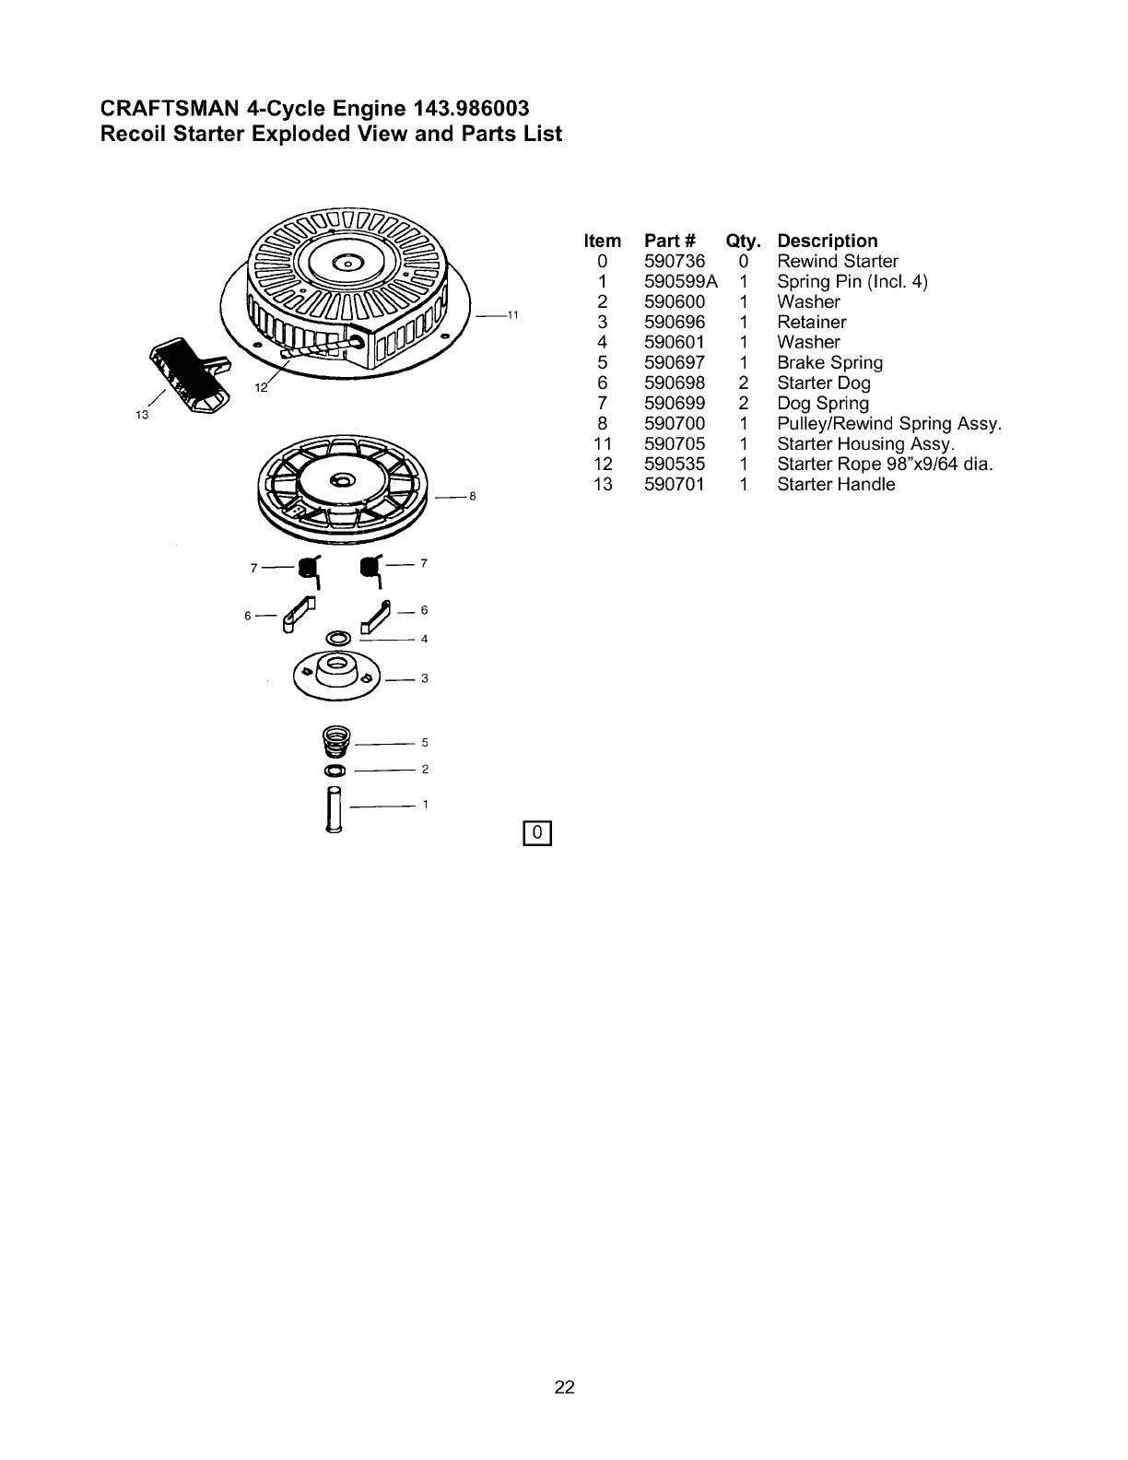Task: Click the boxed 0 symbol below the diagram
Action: pos(536,832)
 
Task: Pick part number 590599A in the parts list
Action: pos(681,282)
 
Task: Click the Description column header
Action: pos(828,241)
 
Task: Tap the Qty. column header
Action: pos(744,241)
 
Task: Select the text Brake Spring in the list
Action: pos(829,363)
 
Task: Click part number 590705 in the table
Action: pos(675,444)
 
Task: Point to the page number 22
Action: pos(565,1387)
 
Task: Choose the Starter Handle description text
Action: pos(836,485)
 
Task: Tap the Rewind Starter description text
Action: pos(838,262)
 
